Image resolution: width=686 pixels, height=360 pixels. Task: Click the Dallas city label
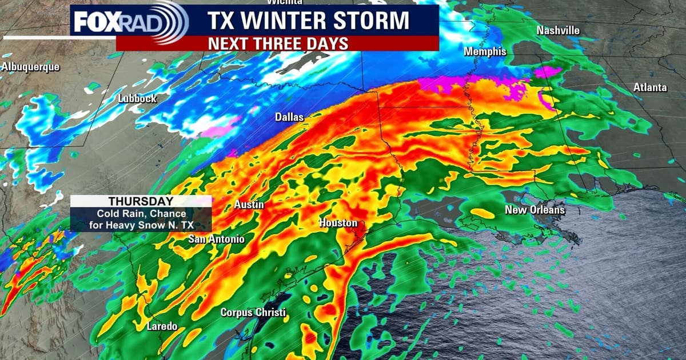[289, 117]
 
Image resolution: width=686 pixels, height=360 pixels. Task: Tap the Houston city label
[338, 223]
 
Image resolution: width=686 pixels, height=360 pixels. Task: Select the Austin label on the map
[249, 205]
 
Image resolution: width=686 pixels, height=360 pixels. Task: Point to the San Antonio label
[217, 239]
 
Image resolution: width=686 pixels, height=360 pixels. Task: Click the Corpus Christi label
[253, 313]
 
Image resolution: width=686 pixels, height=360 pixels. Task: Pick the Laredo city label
[162, 326]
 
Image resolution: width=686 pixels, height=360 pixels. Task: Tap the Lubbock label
[137, 98]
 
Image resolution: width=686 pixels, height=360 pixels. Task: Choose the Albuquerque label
[30, 67]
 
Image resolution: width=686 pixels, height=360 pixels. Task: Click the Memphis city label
[485, 51]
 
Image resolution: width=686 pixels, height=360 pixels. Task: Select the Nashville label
[558, 30]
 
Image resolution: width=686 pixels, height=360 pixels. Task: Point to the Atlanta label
[650, 87]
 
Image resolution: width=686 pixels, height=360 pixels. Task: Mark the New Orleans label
[535, 210]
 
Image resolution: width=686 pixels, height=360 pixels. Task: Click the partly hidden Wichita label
[284, 2]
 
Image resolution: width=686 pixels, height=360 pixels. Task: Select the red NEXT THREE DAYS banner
[277, 43]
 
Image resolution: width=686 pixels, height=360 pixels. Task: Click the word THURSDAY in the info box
[141, 202]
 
